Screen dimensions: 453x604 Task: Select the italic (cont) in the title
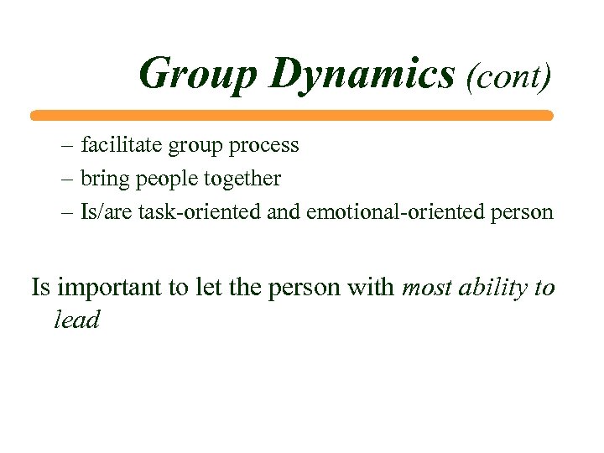tap(509, 76)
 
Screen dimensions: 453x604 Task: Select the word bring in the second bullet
tap(102, 180)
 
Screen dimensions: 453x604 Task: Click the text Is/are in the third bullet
tap(96, 212)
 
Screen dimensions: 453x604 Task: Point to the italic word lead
tap(76, 320)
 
